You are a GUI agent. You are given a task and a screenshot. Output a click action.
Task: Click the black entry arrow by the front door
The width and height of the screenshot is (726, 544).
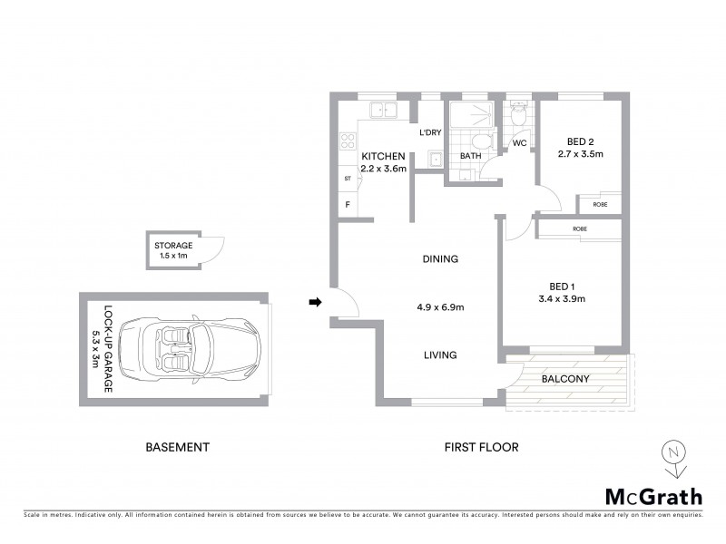pos(316,302)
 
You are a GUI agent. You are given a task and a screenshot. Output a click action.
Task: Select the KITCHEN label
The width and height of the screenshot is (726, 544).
pos(383,156)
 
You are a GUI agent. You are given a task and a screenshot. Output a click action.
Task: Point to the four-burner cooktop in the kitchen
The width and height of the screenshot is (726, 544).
pos(347,141)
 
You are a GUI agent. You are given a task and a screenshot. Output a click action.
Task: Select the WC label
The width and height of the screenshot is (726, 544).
pos(520,143)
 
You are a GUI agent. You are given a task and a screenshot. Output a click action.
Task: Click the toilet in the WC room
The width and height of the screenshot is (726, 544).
pos(519,115)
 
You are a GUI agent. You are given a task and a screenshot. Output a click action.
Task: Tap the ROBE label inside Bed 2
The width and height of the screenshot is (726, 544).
pos(601,205)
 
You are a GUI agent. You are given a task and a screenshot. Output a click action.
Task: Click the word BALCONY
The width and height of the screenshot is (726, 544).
pos(566,379)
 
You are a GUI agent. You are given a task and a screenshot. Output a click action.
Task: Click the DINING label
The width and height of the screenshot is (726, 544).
pos(440,259)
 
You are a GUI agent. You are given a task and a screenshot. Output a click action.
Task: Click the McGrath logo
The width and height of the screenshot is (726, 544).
pos(652,495)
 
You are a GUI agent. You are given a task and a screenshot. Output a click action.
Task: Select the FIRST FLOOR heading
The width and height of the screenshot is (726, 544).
pos(481,447)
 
